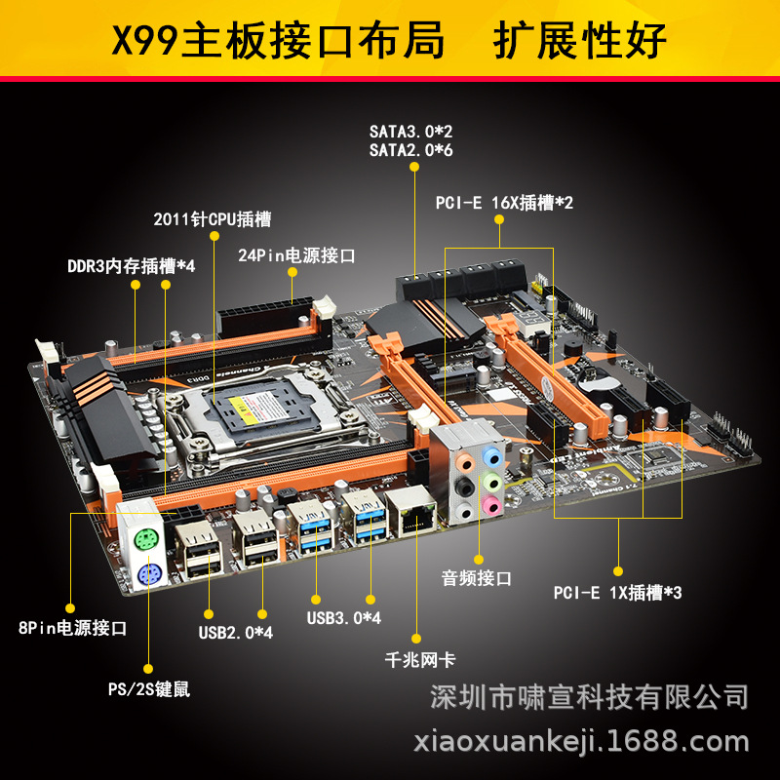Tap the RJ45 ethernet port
point(411,514)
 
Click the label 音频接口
point(477,578)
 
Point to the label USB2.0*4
point(236,632)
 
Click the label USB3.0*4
point(343,617)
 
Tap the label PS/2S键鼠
point(149,689)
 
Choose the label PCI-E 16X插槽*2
point(504,203)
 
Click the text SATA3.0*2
point(410,131)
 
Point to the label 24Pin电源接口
point(296,255)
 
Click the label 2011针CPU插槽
point(213,218)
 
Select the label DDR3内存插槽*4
point(132,265)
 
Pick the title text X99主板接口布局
point(278,41)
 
